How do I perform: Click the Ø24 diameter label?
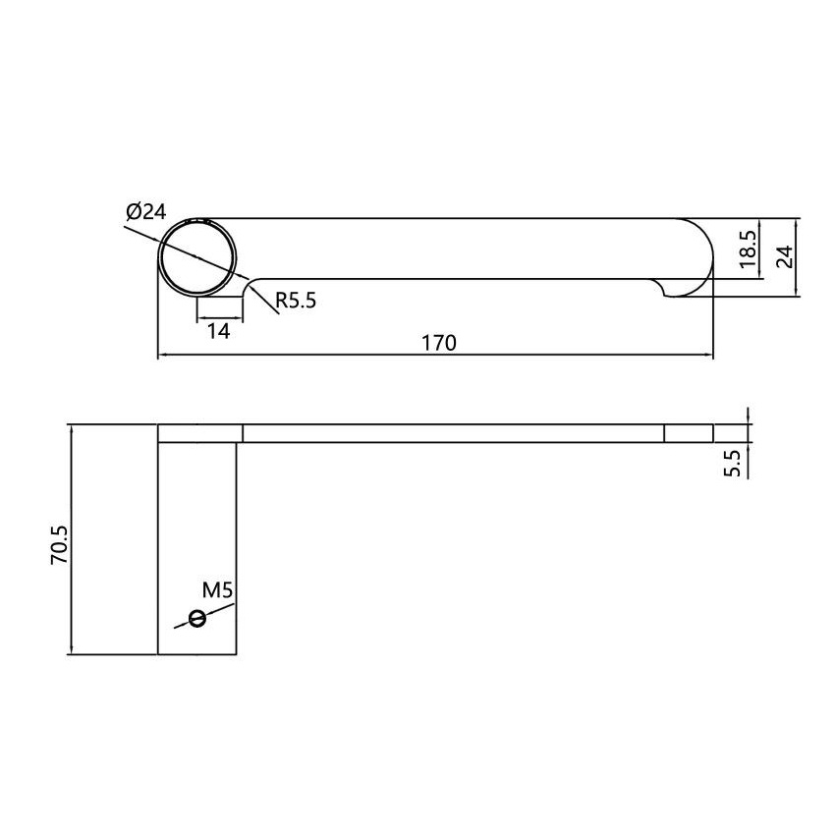click(x=146, y=212)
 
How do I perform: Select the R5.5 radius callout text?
click(x=296, y=301)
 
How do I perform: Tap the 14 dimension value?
click(x=218, y=331)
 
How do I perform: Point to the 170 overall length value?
click(x=439, y=342)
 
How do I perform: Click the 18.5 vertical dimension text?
click(x=749, y=250)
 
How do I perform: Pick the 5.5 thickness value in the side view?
click(x=731, y=464)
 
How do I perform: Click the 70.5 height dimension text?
click(x=58, y=543)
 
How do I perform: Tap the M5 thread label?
click(x=216, y=590)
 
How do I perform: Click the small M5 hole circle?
click(x=197, y=618)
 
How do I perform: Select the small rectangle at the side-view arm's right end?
click(x=689, y=433)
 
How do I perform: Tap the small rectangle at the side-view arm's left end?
click(x=200, y=433)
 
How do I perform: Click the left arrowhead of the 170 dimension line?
click(x=163, y=355)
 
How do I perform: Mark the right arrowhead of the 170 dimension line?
click(x=708, y=355)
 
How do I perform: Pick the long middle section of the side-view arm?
click(x=453, y=433)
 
